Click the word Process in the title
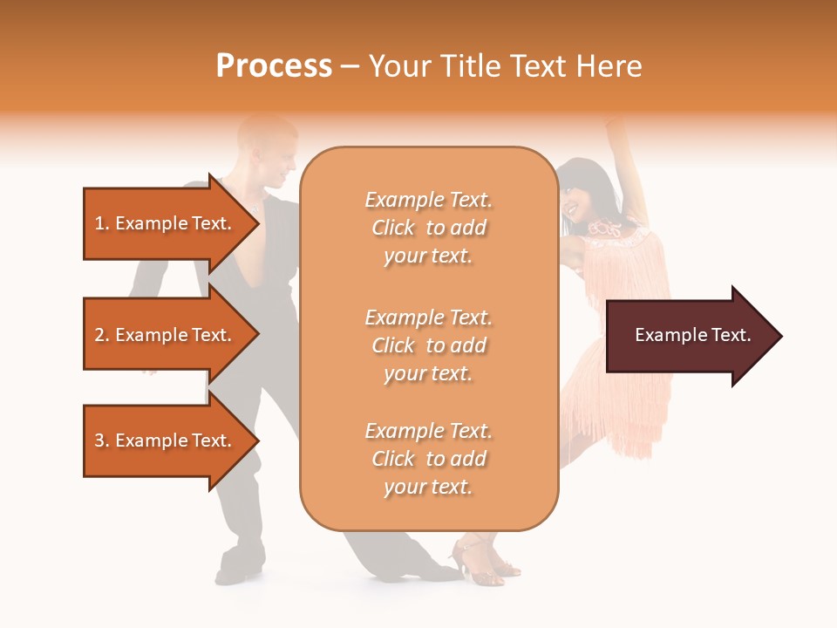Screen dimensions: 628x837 pyautogui.click(x=274, y=66)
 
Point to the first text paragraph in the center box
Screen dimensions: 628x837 pyautogui.click(x=428, y=228)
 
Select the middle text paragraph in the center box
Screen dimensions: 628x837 pyautogui.click(x=428, y=345)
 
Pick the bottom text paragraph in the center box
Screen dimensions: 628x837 pyautogui.click(x=428, y=459)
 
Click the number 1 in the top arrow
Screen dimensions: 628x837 pyautogui.click(x=99, y=223)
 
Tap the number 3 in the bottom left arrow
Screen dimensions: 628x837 pyautogui.click(x=99, y=440)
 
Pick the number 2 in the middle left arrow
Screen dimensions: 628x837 pyautogui.click(x=99, y=335)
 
